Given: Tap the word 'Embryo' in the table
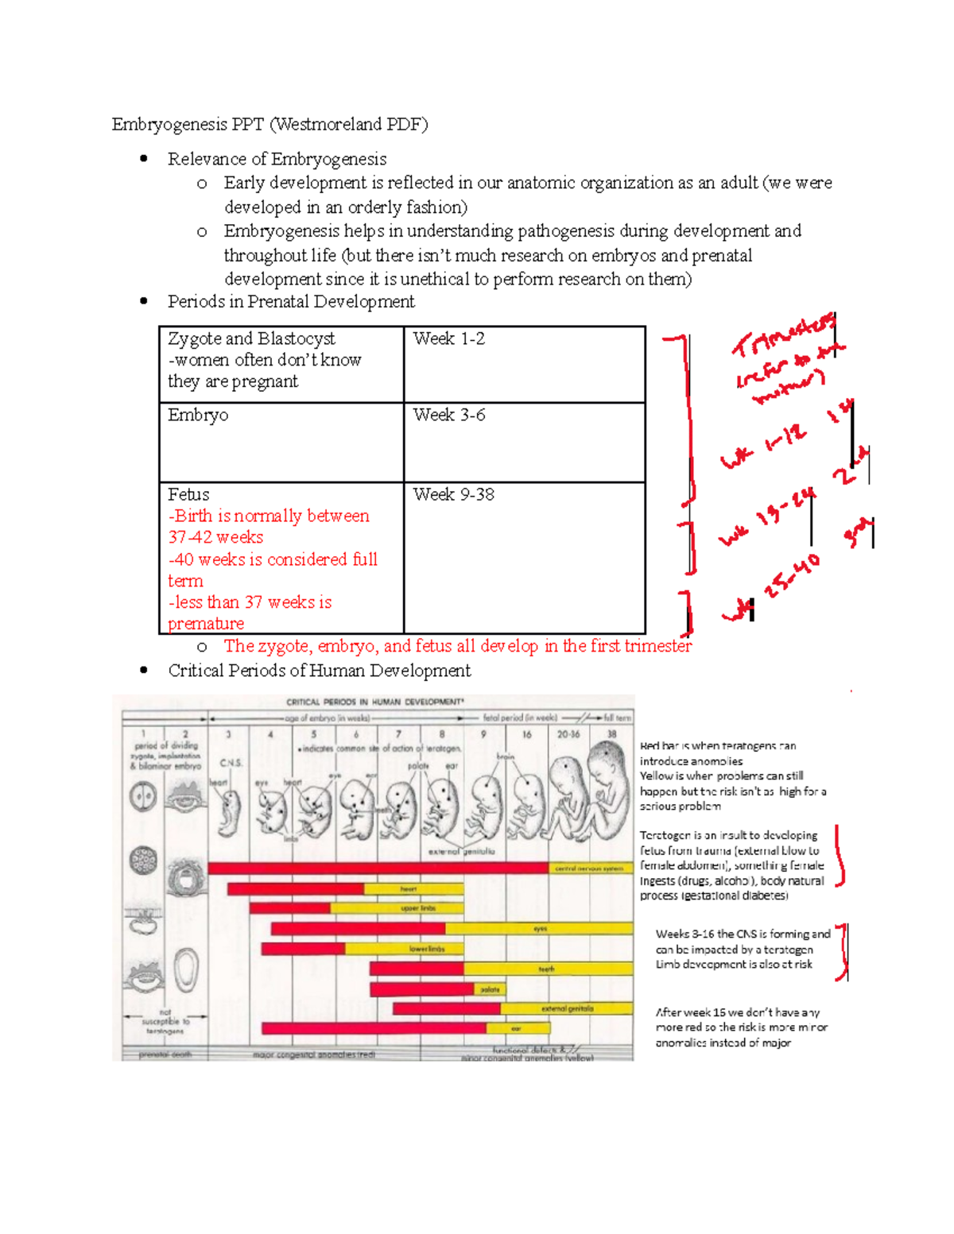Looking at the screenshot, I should click(198, 416).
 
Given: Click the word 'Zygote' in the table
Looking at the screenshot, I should click(194, 339).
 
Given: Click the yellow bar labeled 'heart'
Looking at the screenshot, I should click(413, 889).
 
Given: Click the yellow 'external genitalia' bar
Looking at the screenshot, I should click(567, 1009).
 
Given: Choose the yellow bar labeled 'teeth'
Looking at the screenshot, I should click(548, 969).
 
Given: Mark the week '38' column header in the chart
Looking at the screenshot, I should click(611, 735).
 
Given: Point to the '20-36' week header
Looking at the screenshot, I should click(568, 735).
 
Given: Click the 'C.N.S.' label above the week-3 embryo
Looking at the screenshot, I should click(231, 763).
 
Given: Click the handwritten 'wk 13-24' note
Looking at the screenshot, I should click(768, 517).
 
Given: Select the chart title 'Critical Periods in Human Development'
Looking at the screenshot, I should click(374, 702).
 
